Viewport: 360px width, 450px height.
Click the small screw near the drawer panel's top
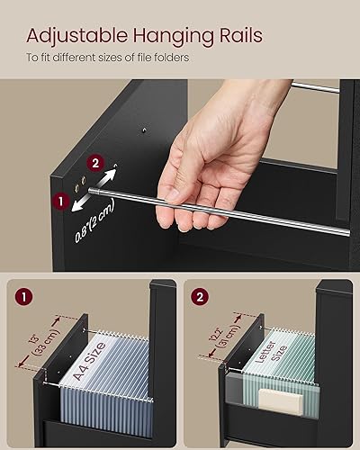pyautogui.click(x=143, y=130)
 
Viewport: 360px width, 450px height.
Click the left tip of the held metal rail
pyautogui.click(x=160, y=198)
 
